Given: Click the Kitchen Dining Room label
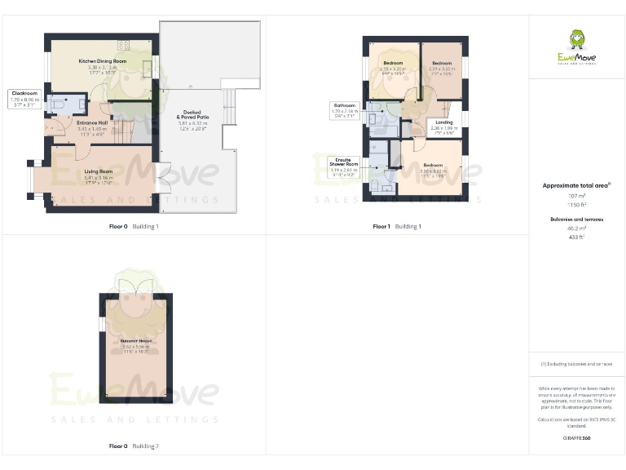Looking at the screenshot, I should coord(103,61).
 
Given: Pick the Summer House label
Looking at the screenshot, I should coord(137,340).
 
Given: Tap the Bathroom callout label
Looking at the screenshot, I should coord(343,105).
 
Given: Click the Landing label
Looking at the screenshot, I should coord(444,122).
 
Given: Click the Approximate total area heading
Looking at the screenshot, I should coord(575,186).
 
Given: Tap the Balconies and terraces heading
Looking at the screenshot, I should coord(577,219).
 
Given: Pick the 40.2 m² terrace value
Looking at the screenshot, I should coord(577,228).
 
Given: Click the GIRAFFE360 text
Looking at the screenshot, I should coord(576,439).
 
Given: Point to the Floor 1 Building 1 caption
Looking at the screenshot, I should coord(397,226).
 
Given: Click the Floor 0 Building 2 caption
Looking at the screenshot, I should coord(134,446).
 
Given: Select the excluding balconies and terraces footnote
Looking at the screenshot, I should coord(577,363).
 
